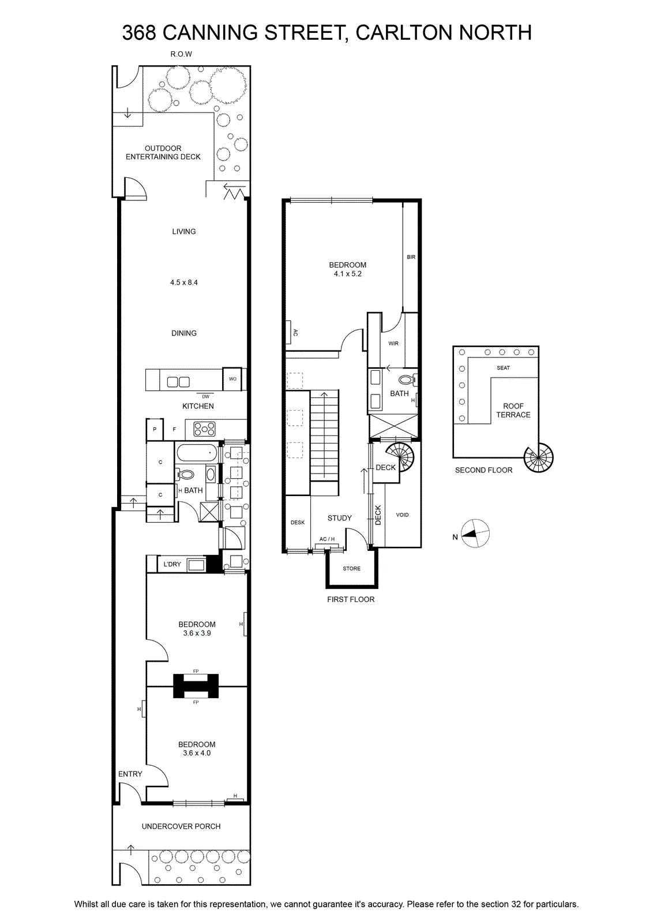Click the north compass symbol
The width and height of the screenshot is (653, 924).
coord(475,534)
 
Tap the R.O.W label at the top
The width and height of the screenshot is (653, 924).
coord(181,54)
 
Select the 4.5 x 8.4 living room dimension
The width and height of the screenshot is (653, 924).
coord(184,282)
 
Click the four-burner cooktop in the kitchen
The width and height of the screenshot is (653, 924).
coord(204,429)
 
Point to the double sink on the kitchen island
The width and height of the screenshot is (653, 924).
coord(178,382)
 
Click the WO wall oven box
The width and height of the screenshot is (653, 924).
coord(232,379)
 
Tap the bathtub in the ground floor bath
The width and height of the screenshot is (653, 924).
coord(197,453)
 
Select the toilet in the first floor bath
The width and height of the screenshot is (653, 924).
coord(407,379)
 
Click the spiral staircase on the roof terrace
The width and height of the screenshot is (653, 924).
coord(538,457)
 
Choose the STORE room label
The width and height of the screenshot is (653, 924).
coord(351,568)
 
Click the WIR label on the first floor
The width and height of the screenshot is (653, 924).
coord(393,343)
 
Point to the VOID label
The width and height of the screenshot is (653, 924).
coord(402,515)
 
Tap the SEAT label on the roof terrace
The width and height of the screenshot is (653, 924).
coord(503,367)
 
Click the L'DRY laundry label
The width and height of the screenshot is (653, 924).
coord(172,564)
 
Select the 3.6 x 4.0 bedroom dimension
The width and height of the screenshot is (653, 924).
coord(197,753)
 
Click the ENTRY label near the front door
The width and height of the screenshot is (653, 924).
coord(130,774)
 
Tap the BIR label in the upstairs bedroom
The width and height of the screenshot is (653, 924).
coord(411,257)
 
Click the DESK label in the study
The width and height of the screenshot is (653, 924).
coord(298,522)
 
